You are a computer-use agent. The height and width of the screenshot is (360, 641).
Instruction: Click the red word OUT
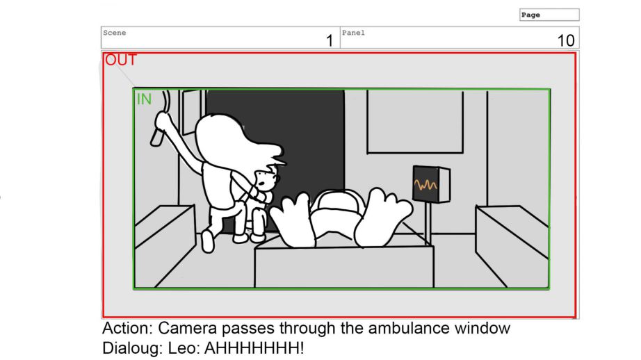(x=120, y=60)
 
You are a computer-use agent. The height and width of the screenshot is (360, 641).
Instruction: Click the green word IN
(x=144, y=99)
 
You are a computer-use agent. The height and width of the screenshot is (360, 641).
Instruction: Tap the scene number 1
(x=330, y=41)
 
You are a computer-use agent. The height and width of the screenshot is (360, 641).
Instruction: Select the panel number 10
(x=566, y=41)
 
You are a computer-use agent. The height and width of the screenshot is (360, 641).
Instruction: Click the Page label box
(x=549, y=15)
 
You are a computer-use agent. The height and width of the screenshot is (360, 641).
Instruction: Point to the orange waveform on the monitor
(x=425, y=185)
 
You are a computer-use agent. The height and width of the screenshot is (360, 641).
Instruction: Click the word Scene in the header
(x=115, y=33)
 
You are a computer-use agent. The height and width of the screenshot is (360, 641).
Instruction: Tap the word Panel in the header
(x=353, y=33)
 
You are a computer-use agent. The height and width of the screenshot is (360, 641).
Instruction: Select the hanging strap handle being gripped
(x=161, y=119)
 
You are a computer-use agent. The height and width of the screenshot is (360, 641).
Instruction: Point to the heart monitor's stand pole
(x=428, y=222)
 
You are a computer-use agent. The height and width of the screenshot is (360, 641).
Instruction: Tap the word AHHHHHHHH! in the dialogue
(x=254, y=349)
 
